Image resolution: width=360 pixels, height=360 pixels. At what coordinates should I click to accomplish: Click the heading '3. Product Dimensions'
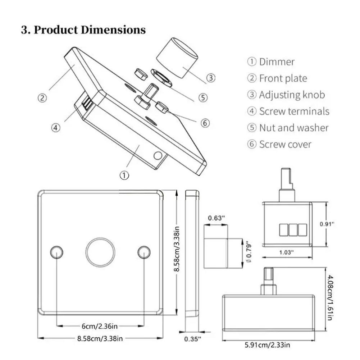[x=83, y=30]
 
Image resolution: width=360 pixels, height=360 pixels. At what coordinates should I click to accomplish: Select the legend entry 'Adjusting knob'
[x=292, y=95]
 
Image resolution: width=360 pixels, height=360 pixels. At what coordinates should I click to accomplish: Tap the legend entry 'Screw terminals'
[x=294, y=111]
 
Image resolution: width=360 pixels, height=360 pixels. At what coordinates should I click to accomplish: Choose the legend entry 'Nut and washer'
[x=293, y=128]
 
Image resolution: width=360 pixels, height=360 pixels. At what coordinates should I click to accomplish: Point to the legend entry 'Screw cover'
[x=285, y=145]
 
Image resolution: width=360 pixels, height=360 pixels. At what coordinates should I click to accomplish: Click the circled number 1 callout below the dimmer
[x=124, y=176]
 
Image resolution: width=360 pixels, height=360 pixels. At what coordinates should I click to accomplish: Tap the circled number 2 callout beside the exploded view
[x=42, y=98]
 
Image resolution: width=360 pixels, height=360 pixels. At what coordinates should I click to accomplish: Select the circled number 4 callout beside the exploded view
[x=56, y=127]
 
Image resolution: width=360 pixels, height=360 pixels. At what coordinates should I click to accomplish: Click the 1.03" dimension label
[x=287, y=252]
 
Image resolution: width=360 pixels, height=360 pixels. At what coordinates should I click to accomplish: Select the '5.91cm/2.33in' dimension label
[x=268, y=345]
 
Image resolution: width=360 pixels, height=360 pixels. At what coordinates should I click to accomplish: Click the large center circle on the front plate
[x=100, y=252]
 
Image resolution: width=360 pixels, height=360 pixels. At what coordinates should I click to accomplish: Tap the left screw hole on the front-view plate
[x=56, y=252]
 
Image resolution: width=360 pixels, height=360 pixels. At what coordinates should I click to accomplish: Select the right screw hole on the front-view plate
[x=144, y=252]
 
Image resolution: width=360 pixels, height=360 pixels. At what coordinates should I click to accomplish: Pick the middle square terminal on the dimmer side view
[x=293, y=230]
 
